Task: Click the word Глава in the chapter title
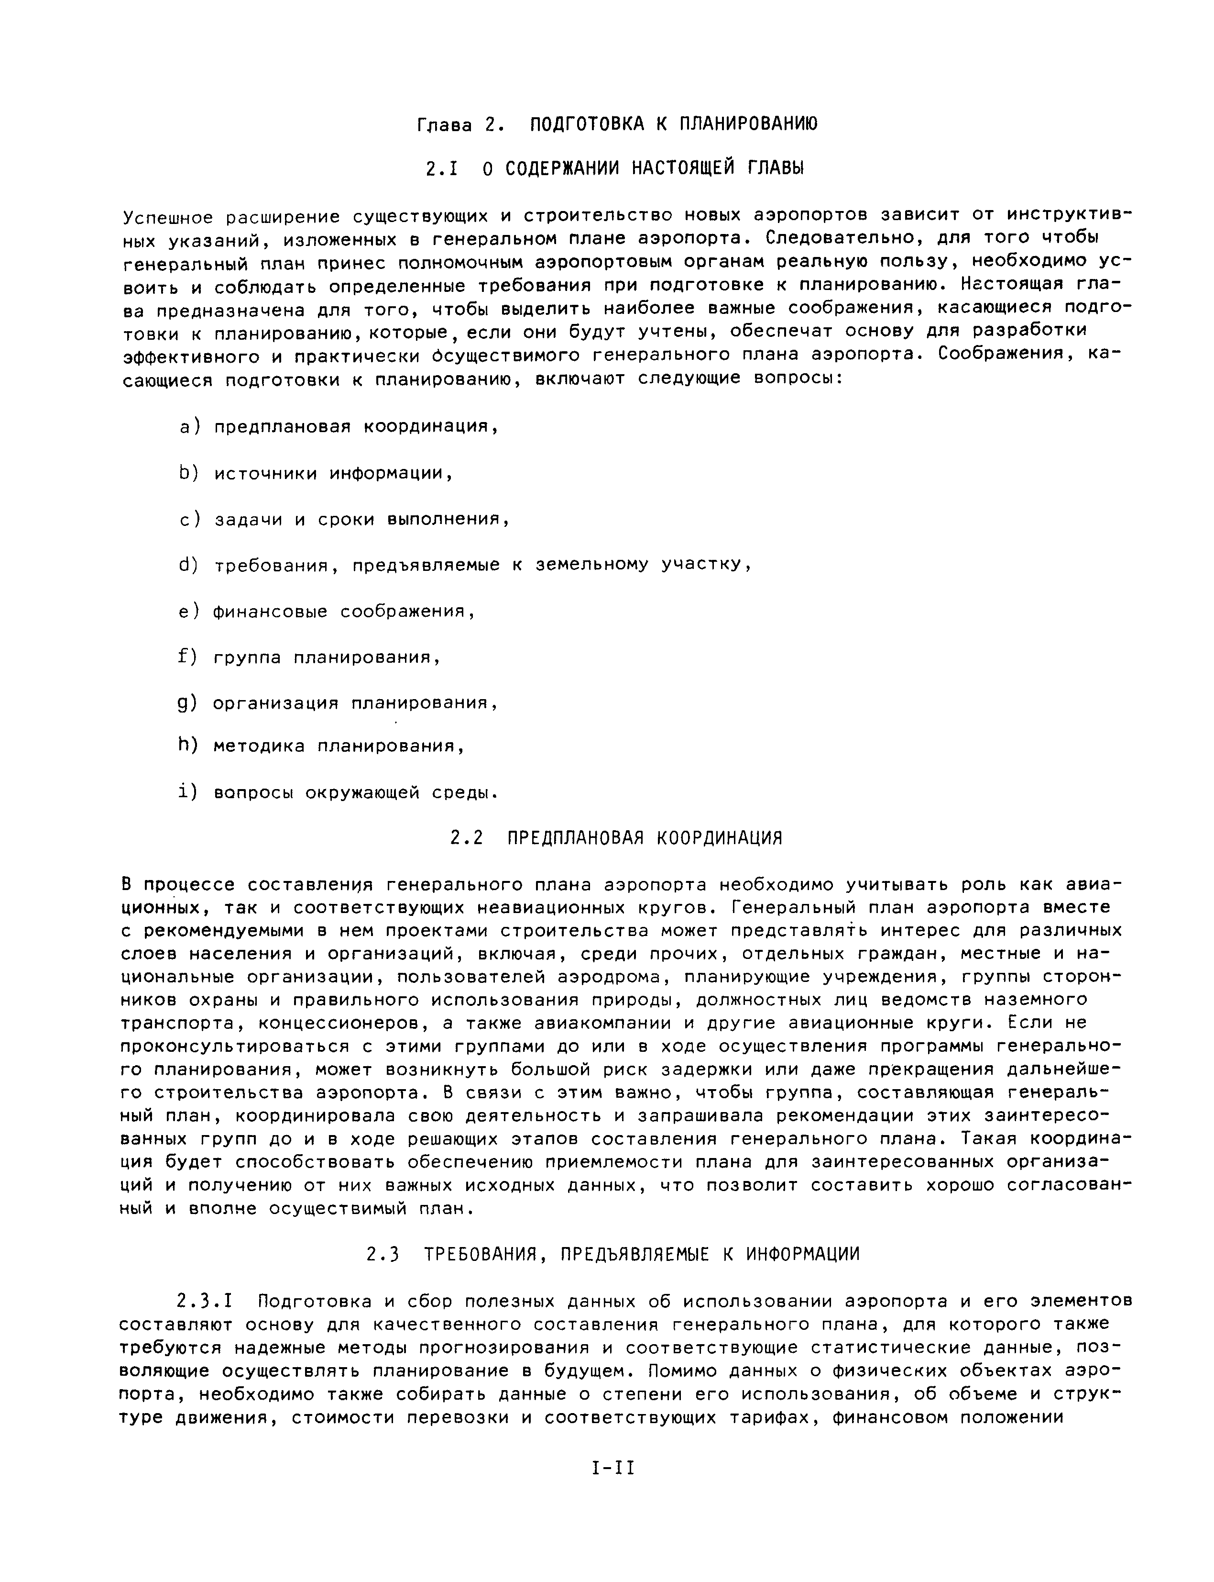coord(444,125)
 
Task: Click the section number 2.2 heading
coord(466,838)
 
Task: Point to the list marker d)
coord(188,565)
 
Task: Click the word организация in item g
coord(275,703)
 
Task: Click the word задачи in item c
coord(248,520)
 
